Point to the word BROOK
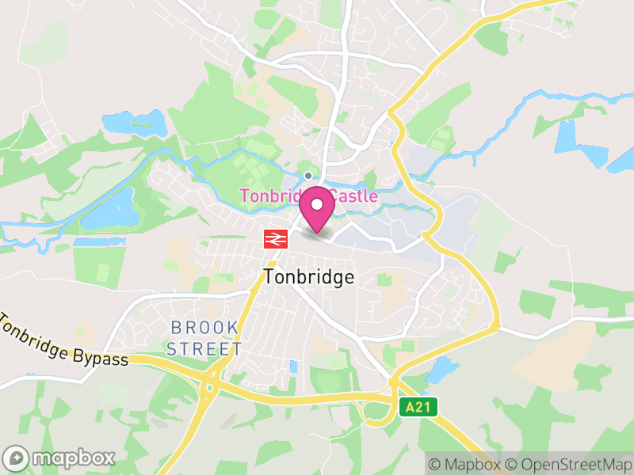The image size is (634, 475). (x=204, y=328)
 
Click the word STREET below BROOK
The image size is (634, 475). (x=204, y=348)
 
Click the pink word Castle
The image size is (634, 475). (x=354, y=196)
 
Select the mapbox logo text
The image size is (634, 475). (x=74, y=458)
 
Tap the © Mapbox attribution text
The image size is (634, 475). (x=468, y=464)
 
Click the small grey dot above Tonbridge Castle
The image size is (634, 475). (x=308, y=176)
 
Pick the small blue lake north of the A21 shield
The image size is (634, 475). (x=442, y=369)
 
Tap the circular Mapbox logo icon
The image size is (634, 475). (x=17, y=458)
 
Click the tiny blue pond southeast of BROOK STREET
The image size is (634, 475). (x=294, y=367)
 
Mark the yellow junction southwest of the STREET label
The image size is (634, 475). (x=208, y=382)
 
